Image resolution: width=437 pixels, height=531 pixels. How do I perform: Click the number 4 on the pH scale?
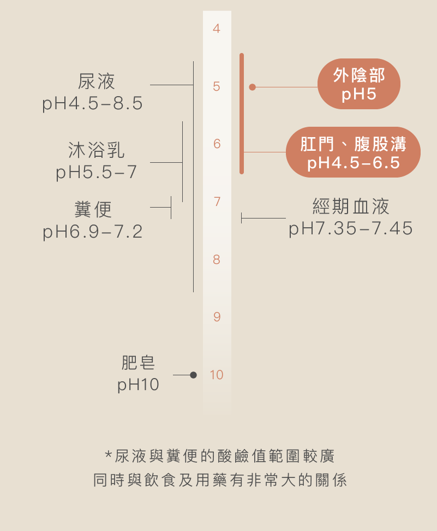tap(217, 29)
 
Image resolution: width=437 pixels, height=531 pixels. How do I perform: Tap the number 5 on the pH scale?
tap(217, 86)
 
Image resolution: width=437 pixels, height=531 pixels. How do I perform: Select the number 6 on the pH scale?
tap(217, 144)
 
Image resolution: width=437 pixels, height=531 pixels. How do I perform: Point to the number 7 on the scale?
tap(217, 202)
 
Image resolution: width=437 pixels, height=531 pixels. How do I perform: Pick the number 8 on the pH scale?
tap(217, 259)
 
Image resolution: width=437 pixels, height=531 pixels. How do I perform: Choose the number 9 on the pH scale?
tap(217, 317)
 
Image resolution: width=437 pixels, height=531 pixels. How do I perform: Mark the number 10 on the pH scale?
tap(217, 375)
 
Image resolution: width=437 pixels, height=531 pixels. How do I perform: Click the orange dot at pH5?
tap(252, 87)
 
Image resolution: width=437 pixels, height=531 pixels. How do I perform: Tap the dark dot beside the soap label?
tap(193, 375)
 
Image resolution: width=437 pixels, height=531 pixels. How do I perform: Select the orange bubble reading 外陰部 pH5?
tap(358, 84)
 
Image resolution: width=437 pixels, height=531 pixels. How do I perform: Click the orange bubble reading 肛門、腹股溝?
tap(353, 152)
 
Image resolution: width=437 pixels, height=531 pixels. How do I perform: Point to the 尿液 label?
tap(97, 82)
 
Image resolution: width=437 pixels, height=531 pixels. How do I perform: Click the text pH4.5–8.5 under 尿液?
tap(93, 104)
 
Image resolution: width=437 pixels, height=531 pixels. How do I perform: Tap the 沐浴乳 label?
tap(97, 150)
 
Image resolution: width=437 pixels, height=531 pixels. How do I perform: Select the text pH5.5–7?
tap(97, 173)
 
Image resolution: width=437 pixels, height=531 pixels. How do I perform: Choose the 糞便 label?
tap(93, 209)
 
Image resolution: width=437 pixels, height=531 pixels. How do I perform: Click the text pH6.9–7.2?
tap(93, 232)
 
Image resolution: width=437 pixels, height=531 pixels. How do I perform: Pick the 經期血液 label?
tap(351, 206)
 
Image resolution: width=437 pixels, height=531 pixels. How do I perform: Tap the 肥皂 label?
tap(138, 362)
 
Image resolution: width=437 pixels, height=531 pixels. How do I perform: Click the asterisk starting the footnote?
tap(108, 455)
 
